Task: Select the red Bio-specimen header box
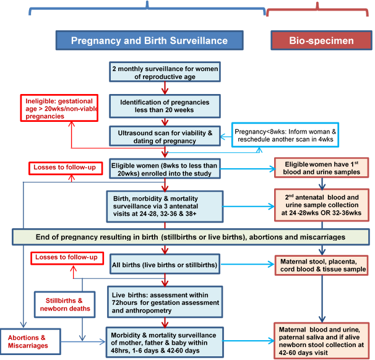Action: point(321,41)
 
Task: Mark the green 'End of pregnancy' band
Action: point(186,236)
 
